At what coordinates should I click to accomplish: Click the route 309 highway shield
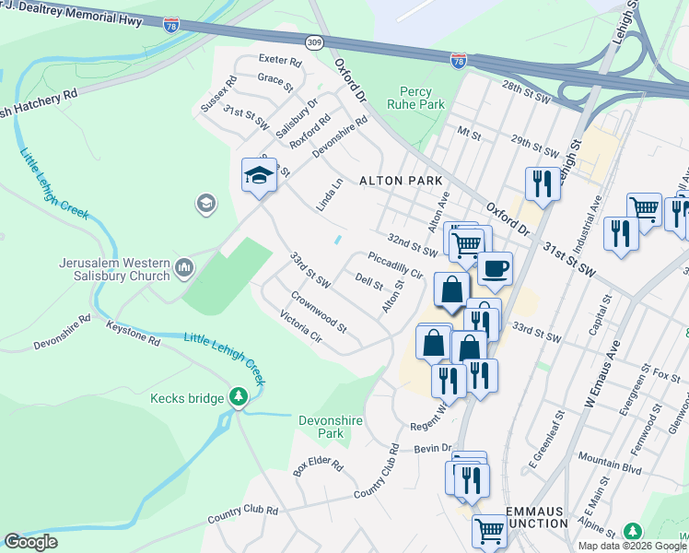[315, 42]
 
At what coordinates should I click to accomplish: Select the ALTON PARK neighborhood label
[401, 181]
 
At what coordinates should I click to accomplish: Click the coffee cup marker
[495, 268]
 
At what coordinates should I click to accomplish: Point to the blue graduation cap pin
[259, 174]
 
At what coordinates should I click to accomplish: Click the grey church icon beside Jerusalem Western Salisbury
[184, 268]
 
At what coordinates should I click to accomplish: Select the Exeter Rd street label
[280, 61]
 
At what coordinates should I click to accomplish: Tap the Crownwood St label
[319, 312]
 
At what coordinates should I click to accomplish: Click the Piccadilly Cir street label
[394, 266]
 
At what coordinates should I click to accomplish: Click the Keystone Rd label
[134, 334]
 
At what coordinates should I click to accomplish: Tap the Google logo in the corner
[31, 542]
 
